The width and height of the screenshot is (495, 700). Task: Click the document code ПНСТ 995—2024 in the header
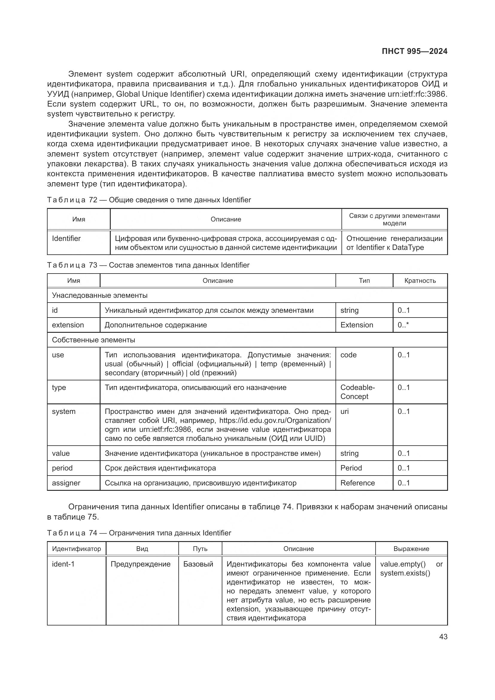point(414,51)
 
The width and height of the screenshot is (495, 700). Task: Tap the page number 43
point(443,637)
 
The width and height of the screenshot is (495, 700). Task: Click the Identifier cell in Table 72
point(66,239)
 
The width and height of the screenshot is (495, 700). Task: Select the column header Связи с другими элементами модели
point(394,219)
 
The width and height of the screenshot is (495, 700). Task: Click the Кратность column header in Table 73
point(420,280)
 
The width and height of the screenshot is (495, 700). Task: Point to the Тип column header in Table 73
point(364,280)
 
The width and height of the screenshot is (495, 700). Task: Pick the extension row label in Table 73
point(68,325)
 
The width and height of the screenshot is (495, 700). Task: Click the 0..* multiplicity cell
point(403,325)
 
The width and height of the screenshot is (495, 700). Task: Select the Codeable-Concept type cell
point(357,392)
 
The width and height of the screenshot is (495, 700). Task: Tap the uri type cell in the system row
point(344,412)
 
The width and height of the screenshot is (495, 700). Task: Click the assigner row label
point(66,483)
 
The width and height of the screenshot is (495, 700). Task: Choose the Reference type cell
point(357,483)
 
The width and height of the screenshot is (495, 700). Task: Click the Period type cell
point(351,468)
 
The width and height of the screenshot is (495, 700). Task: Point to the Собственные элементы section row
point(93,340)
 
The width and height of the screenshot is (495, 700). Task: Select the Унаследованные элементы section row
point(100,295)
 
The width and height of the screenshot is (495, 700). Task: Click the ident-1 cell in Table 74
point(63,564)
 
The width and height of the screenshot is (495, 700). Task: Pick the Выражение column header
point(411,549)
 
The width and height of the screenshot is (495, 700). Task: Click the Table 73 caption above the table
point(148,265)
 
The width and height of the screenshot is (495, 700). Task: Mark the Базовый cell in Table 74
point(198,564)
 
